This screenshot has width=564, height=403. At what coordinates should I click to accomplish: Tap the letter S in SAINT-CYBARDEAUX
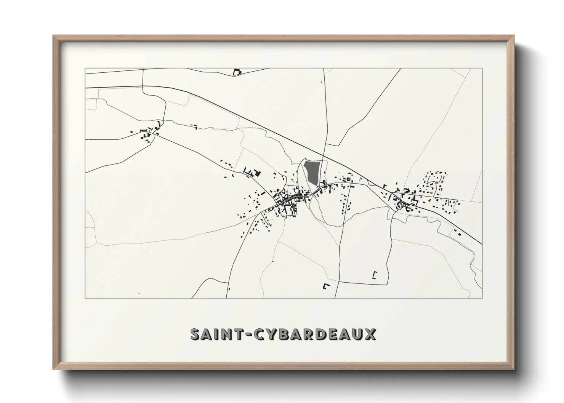(x=195, y=334)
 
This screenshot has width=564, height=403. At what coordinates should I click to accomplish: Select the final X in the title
(x=370, y=334)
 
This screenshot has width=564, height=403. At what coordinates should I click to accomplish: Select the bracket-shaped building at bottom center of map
(x=326, y=286)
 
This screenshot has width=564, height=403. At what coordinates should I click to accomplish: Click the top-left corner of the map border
(x=85, y=69)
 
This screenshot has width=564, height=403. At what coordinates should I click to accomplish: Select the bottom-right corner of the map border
(x=482, y=298)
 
